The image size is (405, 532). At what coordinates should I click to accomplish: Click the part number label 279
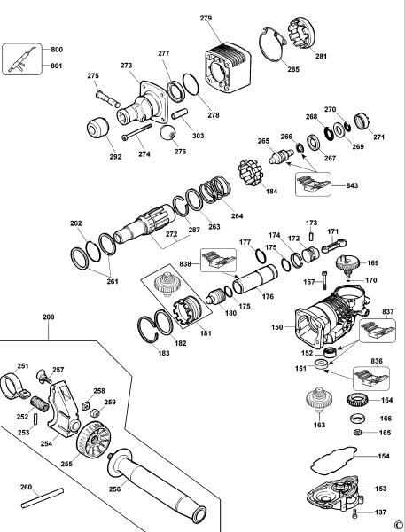pos(206,18)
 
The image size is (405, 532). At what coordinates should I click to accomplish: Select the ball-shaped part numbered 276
pos(168,133)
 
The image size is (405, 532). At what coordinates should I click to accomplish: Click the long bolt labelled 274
pos(136,131)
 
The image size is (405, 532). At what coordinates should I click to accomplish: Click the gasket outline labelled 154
pos(334,460)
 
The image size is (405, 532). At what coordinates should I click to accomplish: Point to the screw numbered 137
pos(355,513)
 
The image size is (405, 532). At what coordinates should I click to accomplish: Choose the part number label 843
pos(352,185)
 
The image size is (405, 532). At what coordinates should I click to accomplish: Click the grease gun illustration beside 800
pos(22,59)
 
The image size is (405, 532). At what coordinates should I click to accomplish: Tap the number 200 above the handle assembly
pos(49,317)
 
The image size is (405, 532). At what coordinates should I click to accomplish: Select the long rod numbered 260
pos(43,497)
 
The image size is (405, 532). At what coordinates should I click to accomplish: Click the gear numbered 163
pos(320,401)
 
